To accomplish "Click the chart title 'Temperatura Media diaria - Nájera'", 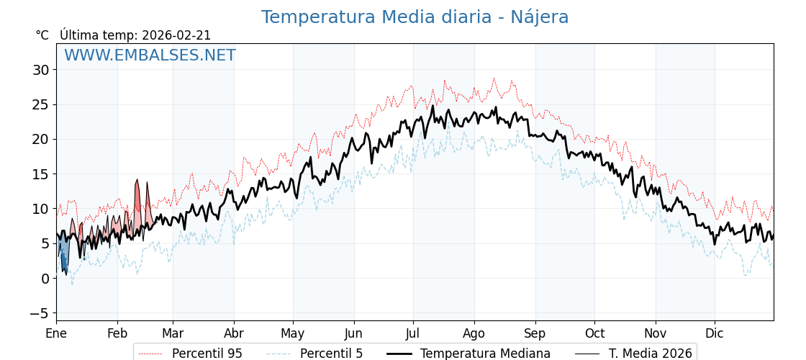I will pos(415,17).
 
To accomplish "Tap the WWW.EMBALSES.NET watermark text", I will pos(150,55).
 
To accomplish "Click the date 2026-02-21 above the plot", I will pos(176,35).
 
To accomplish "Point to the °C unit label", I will pos(42,35).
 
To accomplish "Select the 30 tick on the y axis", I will pos(40,70).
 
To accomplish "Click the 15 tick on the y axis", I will pos(40,174).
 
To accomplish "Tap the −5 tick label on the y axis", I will pos(39,313).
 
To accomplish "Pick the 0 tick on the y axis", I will pos(45,279).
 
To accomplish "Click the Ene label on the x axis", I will pos(56,333).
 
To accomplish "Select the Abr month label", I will pos(234,333).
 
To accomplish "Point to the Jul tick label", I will pos(413,333).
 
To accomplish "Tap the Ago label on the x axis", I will pos(474,333).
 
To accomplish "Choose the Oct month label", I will pos(594,333).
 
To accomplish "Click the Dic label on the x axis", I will pos(715,333).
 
